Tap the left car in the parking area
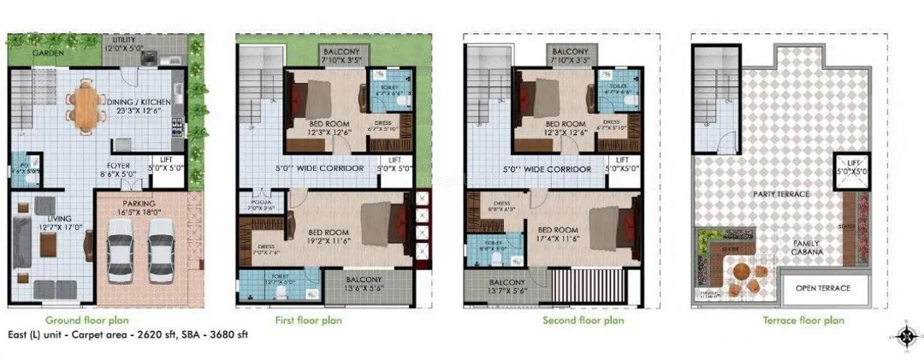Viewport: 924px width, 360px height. tap(120, 254)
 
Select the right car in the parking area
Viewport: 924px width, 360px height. tap(159, 254)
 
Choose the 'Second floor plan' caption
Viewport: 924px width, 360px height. tap(583, 321)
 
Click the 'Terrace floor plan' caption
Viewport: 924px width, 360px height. tap(804, 321)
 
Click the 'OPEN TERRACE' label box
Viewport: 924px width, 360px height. tap(824, 288)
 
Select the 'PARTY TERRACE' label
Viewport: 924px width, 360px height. tap(782, 194)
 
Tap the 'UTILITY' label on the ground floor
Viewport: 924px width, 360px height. tap(120, 39)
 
